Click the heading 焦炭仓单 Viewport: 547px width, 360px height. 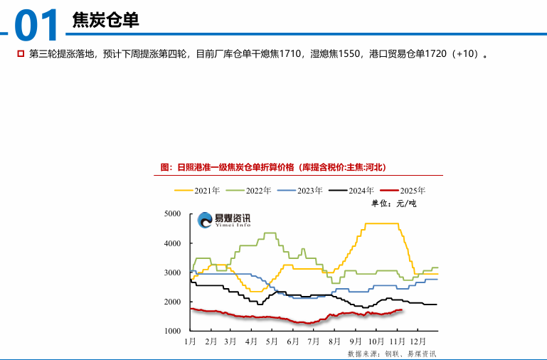pyautogui.click(x=105, y=21)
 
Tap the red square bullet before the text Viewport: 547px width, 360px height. pyautogui.click(x=21, y=53)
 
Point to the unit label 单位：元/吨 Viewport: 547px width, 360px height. pyautogui.click(x=393, y=203)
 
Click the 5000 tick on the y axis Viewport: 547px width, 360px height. pyautogui.click(x=172, y=213)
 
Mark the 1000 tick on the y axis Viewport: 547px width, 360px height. pyautogui.click(x=172, y=331)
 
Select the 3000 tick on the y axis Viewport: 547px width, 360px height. pyautogui.click(x=172, y=272)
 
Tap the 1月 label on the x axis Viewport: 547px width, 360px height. pyautogui.click(x=190, y=342)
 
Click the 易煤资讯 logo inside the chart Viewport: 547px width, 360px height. pyautogui.click(x=224, y=221)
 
